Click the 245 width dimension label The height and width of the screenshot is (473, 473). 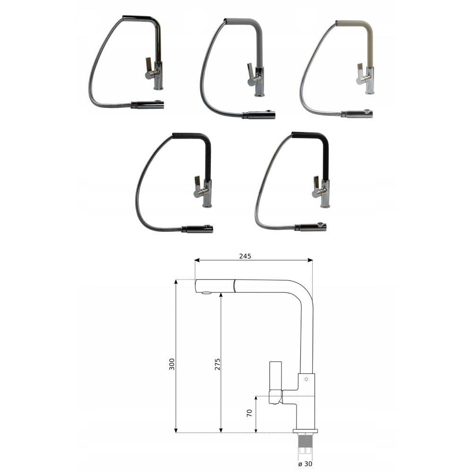[245, 256]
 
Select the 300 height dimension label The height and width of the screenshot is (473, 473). [172, 364]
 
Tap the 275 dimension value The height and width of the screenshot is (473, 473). [218, 364]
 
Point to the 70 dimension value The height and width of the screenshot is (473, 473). [249, 413]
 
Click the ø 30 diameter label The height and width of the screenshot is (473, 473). [305, 464]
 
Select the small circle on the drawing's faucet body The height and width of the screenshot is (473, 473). [306, 379]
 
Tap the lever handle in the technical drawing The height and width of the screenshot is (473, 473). [275, 382]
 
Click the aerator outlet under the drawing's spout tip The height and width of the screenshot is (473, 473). [206, 293]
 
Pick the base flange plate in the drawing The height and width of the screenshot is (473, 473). [306, 430]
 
